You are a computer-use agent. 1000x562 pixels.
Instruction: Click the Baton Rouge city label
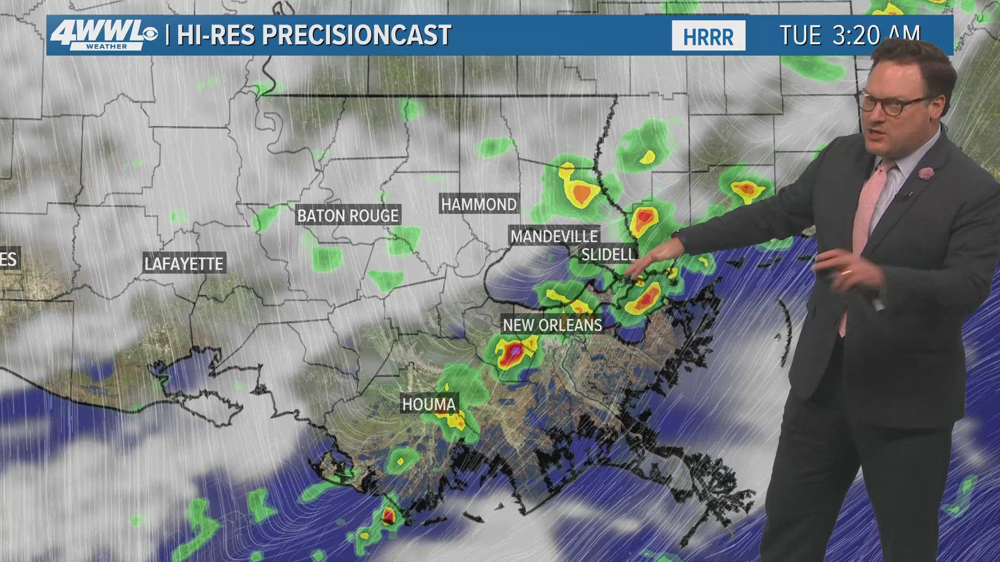(x=348, y=215)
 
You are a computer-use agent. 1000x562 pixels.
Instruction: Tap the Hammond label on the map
(x=479, y=205)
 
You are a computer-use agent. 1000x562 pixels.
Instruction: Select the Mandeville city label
(x=554, y=237)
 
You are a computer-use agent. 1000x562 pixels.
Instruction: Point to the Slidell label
(x=608, y=254)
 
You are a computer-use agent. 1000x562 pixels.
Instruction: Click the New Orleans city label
(x=552, y=325)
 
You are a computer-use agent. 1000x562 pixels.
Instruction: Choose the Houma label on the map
(x=429, y=404)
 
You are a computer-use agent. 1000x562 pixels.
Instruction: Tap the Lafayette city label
(x=184, y=264)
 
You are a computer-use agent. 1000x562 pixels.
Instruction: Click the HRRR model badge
(x=708, y=36)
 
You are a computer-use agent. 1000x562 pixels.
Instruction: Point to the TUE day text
(x=800, y=35)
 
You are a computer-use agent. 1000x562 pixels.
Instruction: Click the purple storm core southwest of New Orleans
(x=515, y=352)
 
